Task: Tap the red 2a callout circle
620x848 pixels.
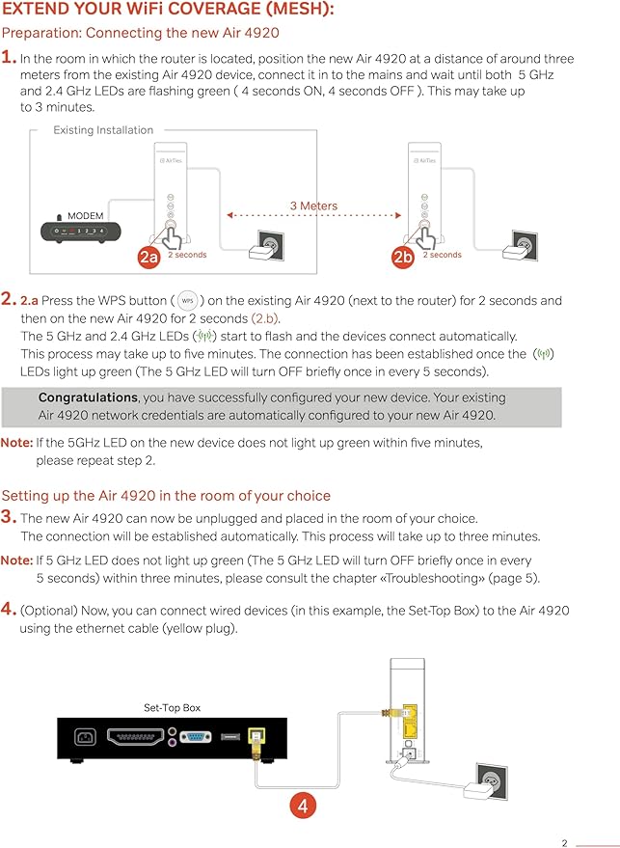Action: [x=148, y=257]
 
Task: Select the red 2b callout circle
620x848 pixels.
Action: [x=403, y=257]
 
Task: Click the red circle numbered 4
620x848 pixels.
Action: [x=302, y=805]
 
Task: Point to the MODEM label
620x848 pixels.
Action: [x=85, y=216]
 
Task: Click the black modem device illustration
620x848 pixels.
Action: [x=81, y=232]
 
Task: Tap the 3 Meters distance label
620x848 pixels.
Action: [x=313, y=205]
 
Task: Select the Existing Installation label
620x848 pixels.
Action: [x=103, y=130]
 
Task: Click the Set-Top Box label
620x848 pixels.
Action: [x=172, y=707]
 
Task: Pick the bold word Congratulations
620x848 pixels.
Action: [x=88, y=397]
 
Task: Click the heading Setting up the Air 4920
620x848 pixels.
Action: [x=166, y=496]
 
